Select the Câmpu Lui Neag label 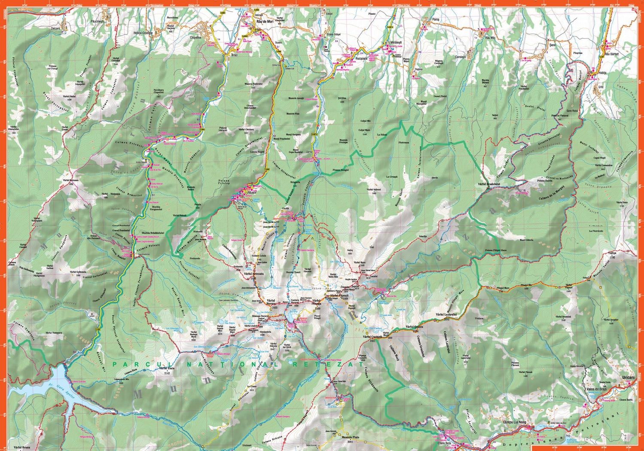pyautogui.click(x=515, y=422)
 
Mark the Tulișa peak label pyautogui.click(x=612, y=254)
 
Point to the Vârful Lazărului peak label pyautogui.click(x=445, y=314)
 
